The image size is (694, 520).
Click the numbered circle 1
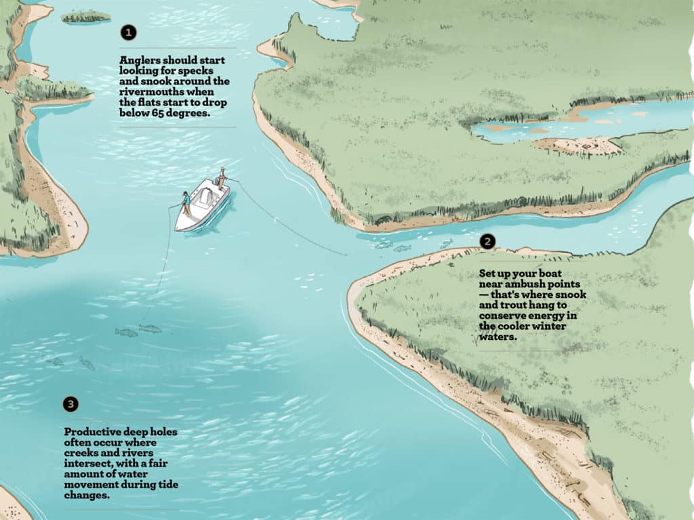128,32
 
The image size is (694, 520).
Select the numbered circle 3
70,404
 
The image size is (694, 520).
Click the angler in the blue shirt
186,201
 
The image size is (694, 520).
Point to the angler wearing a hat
221,177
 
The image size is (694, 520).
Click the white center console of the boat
201,196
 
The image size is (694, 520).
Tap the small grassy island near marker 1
86,16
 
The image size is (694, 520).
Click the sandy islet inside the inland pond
576,144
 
